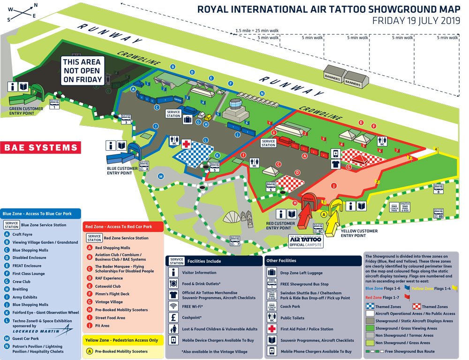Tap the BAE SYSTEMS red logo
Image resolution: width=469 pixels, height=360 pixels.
[41, 147]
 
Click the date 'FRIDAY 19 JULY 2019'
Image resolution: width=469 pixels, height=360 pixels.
[416, 21]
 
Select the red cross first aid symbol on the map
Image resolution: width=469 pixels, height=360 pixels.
[186, 143]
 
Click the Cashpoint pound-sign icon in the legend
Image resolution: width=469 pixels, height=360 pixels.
[174, 317]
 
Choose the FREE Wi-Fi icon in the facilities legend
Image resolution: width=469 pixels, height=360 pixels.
[174, 306]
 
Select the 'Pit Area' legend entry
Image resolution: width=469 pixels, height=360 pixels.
[102, 325]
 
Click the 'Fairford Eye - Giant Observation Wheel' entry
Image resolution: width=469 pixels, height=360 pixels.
[46, 312]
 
